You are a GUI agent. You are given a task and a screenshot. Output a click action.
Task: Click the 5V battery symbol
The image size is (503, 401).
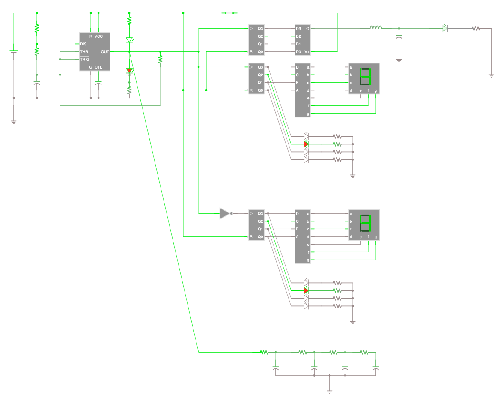pos(14,51)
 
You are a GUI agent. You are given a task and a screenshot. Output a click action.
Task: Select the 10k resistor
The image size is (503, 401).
pos(37,28)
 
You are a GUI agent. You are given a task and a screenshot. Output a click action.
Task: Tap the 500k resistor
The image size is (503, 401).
pos(37,51)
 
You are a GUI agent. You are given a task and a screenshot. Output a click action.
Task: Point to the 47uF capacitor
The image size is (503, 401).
pos(37,82)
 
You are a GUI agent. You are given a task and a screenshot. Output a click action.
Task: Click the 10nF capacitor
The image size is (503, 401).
pos(98,82)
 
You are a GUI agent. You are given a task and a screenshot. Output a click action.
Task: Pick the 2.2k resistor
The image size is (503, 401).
pos(160,59)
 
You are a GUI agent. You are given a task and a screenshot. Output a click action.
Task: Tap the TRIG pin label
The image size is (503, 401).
pos(85,60)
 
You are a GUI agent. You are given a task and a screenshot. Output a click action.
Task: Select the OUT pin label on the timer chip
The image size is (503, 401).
pos(105,52)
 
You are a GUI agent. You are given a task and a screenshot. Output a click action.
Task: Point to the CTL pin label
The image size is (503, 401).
pos(98,67)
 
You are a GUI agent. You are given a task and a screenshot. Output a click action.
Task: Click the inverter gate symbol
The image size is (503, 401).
pos(225,213)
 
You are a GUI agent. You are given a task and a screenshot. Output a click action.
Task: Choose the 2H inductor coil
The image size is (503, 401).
pos(376,28)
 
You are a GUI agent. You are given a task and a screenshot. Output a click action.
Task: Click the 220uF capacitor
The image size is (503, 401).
pos(399,37)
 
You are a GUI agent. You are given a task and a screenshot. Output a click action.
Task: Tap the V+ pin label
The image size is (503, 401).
pos(307,52)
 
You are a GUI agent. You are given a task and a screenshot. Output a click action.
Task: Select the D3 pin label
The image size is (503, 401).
pos(298,29)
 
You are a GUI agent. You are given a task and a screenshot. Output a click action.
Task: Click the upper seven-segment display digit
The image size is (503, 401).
pos(365,77)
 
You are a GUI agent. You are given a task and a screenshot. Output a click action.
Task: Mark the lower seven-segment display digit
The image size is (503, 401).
pos(365,223)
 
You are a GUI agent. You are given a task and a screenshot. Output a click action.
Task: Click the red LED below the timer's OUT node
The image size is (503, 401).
pos(129,71)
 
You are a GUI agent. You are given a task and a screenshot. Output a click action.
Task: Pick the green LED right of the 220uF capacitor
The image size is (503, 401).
pos(445,28)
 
